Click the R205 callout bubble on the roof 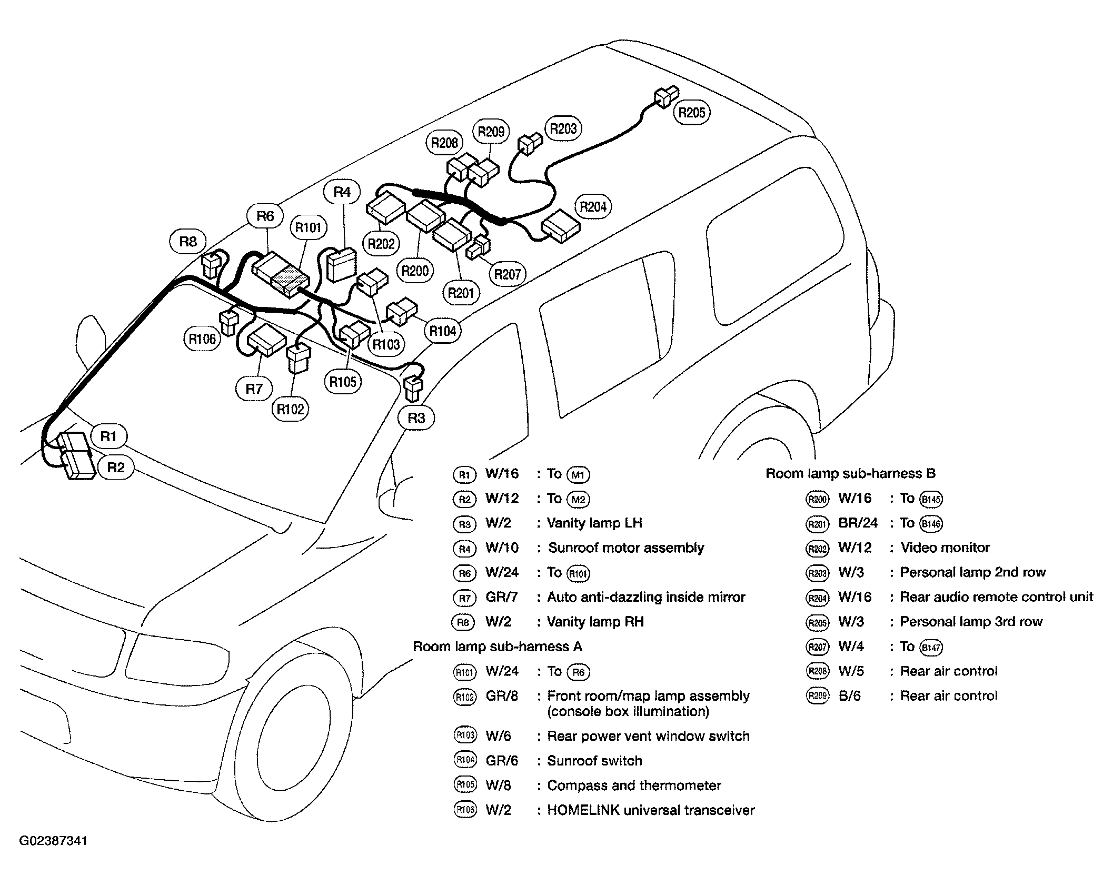coord(692,112)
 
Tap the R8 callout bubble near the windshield coord(188,241)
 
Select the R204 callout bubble coord(593,206)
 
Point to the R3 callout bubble coord(416,418)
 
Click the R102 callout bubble coord(291,409)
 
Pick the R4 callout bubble coord(342,192)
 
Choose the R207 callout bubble coord(508,274)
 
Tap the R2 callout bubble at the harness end coord(116,467)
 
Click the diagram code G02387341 coord(54,855)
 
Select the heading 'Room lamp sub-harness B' coord(850,473)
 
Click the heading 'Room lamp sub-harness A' coord(498,647)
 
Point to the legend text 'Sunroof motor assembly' coord(626,548)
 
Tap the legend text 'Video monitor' coord(945,548)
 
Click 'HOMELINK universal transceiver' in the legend coord(651,810)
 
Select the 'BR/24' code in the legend coord(858,523)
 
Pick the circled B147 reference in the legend coord(931,647)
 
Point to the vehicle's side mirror coord(91,340)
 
